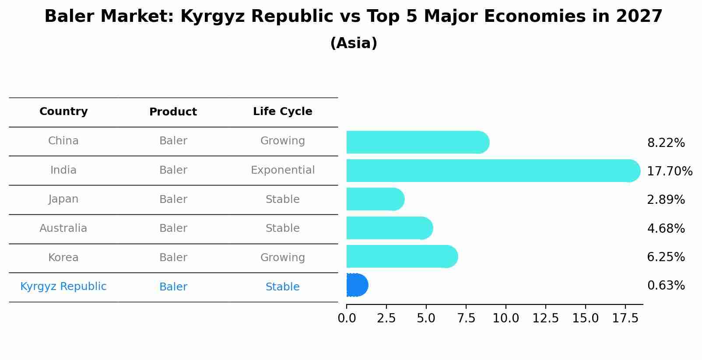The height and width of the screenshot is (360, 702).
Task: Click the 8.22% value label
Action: tap(666, 143)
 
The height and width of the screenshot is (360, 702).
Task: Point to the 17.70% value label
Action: tap(669, 171)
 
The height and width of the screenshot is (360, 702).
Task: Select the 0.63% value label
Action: tap(666, 286)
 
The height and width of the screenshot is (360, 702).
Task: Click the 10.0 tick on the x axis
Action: tap(505, 318)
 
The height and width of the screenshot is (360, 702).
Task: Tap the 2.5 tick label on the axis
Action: tap(386, 318)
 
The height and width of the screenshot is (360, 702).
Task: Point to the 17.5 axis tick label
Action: tap(625, 318)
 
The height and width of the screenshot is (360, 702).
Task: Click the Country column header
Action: tap(63, 112)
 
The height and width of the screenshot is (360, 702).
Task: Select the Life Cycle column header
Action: tap(282, 112)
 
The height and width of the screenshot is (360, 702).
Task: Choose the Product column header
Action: tap(173, 112)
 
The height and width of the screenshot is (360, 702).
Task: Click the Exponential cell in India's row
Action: tap(282, 170)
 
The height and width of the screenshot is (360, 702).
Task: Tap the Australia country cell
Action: tap(63, 228)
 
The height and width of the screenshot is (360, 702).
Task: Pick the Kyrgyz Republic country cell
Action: tap(63, 287)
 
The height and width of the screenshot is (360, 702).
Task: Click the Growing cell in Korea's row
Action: tap(282, 258)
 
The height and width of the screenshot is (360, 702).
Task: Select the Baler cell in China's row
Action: tap(173, 141)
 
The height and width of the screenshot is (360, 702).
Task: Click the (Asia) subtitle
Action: tap(354, 43)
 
